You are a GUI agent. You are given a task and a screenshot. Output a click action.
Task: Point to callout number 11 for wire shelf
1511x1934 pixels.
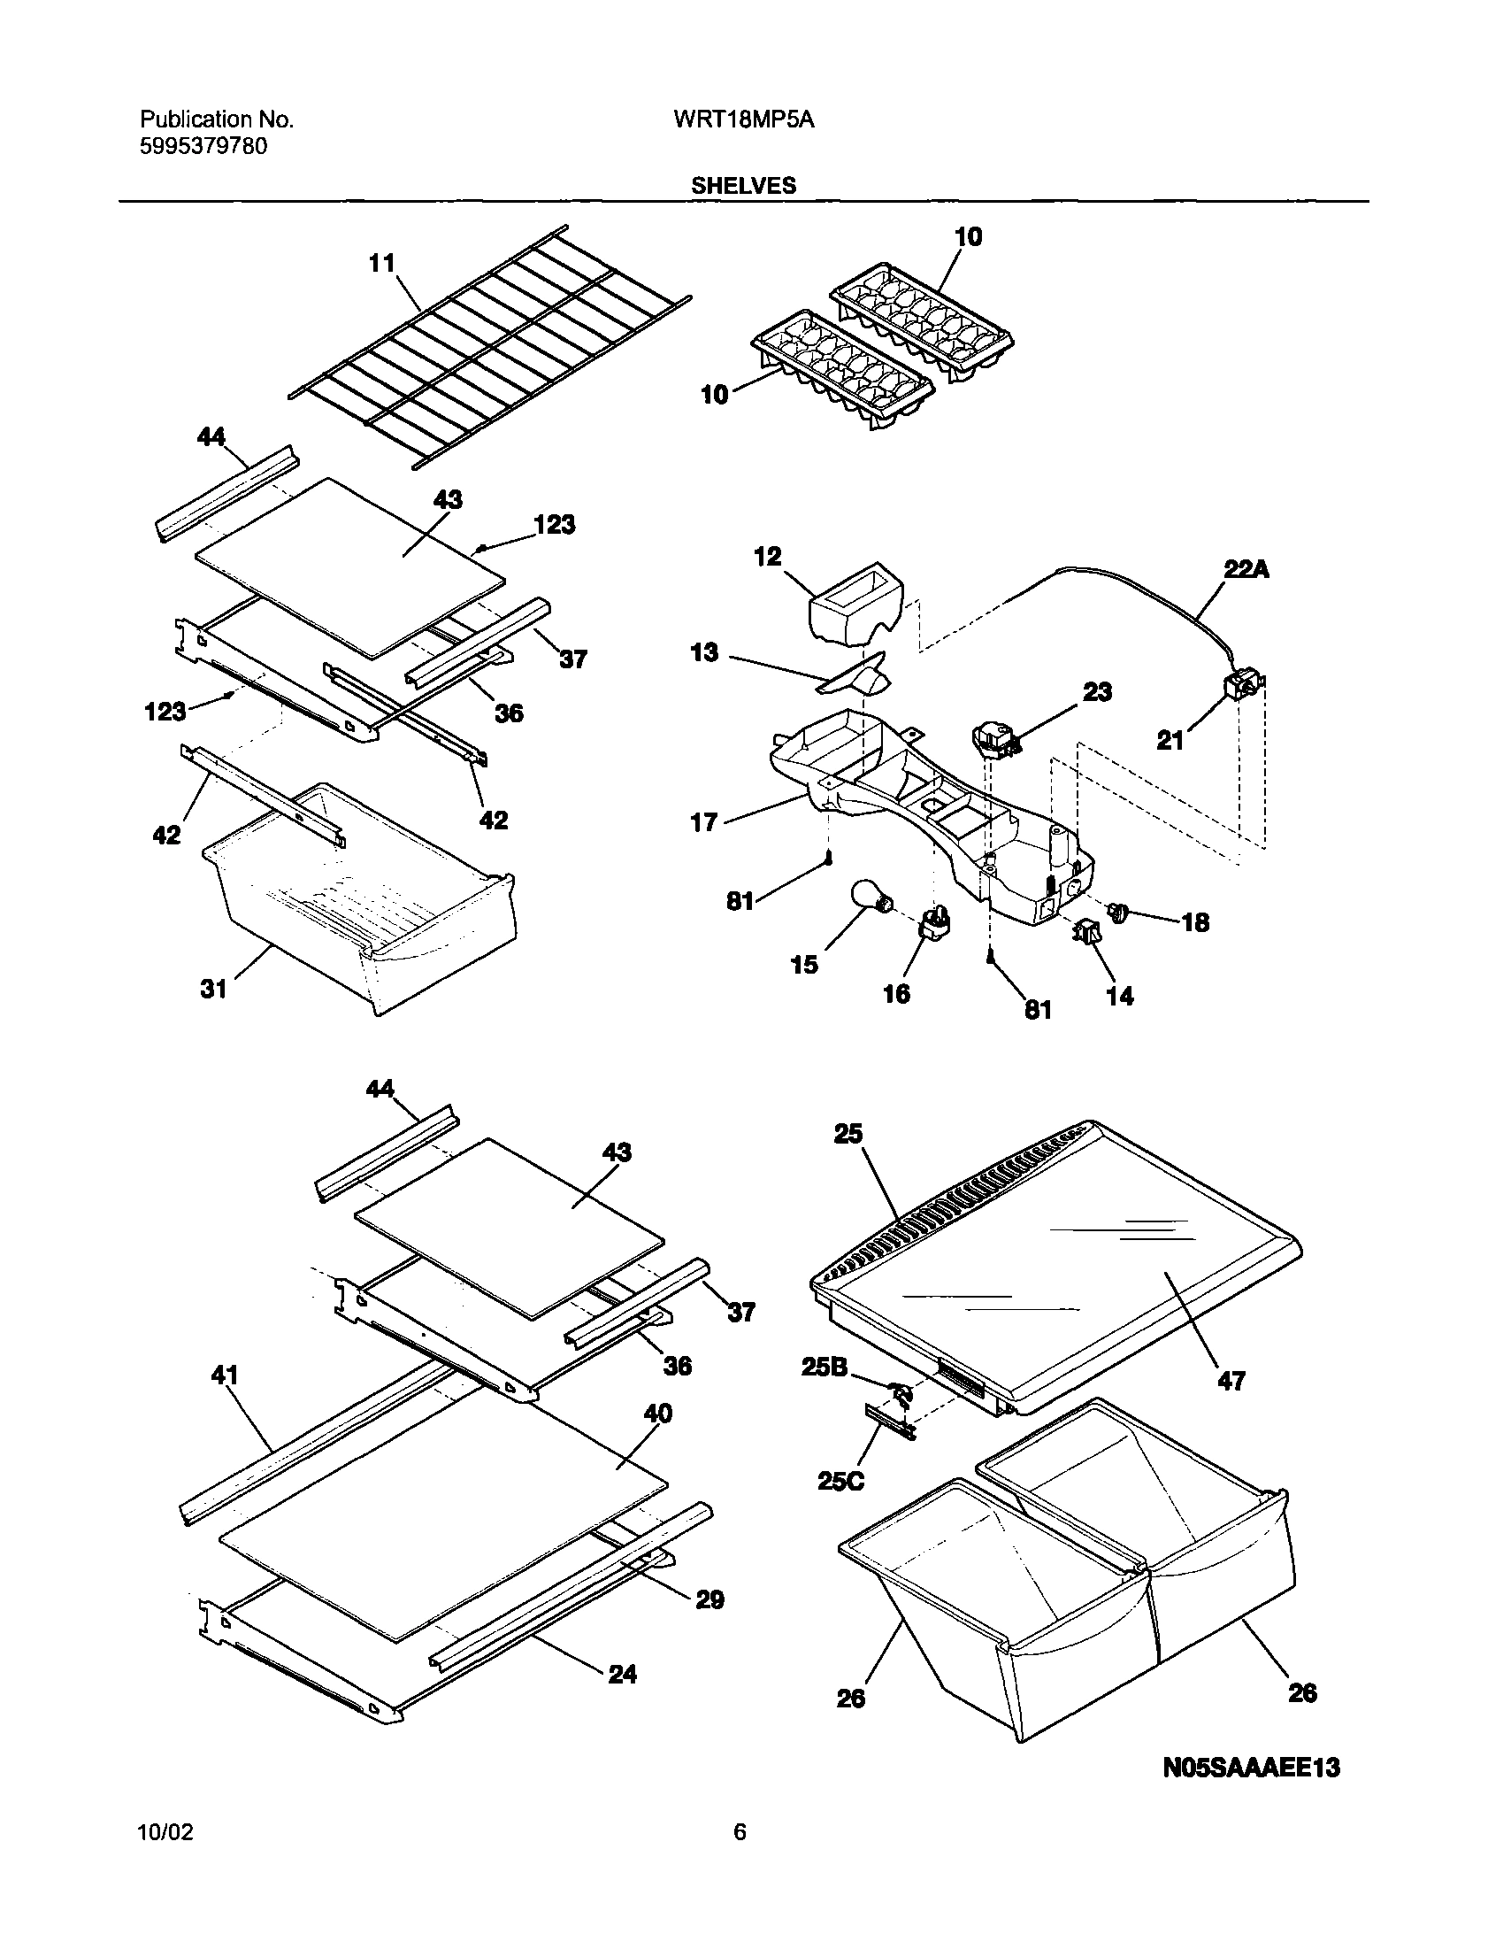pos(381,263)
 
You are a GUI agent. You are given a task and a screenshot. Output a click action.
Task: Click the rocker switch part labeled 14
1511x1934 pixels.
pos(1086,930)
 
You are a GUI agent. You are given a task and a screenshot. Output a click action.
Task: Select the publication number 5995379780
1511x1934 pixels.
pos(203,146)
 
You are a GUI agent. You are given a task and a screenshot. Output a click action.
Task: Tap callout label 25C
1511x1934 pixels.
pos(841,1480)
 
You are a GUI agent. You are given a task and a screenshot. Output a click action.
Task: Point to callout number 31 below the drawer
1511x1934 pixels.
pos(214,989)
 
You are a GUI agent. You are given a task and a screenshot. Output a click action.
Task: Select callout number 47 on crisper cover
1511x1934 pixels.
pos(1231,1380)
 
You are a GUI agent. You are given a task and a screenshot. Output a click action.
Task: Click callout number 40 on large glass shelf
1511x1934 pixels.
pos(656,1414)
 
